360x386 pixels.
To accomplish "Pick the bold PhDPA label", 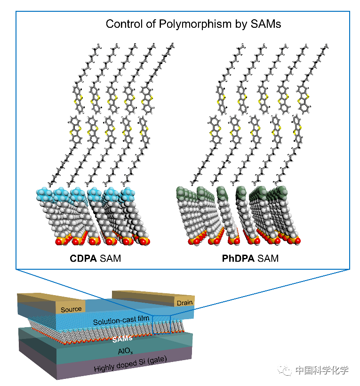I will (x=238, y=258).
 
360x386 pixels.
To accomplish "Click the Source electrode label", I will (x=71, y=309).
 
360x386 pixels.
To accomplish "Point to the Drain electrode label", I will (x=185, y=303).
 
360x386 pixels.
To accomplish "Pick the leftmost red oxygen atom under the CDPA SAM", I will (x=59, y=242).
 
